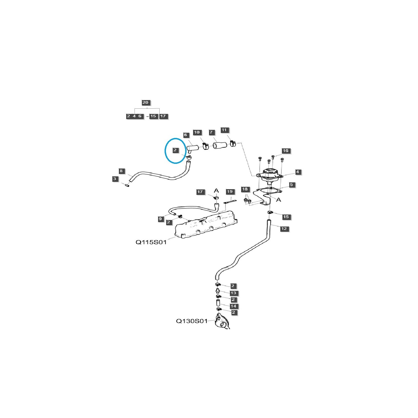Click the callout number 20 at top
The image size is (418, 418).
(146, 103)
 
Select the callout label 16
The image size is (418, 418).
(286, 151)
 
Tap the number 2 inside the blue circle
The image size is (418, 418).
(175, 150)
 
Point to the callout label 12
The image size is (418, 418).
(284, 229)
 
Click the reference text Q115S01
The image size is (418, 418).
(151, 242)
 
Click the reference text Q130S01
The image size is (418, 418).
(192, 321)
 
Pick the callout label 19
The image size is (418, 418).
(230, 192)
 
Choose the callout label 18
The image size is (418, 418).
(245, 189)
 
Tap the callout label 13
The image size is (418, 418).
(233, 293)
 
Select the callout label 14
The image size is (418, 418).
(233, 306)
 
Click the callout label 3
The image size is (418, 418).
(115, 179)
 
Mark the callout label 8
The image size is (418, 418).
(121, 171)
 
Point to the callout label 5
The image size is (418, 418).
(292, 185)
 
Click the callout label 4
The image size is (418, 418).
(298, 172)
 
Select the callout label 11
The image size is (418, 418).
(224, 130)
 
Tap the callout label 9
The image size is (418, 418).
(160, 219)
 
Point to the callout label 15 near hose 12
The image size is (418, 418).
(286, 217)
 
